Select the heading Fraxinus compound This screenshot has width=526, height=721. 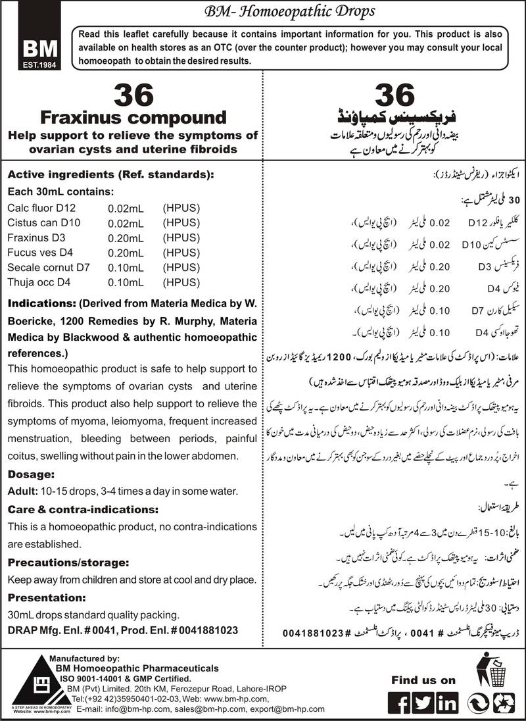click(133, 118)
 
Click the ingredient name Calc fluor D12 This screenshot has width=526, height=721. click(41, 209)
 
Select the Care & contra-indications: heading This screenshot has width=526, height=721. click(82, 509)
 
